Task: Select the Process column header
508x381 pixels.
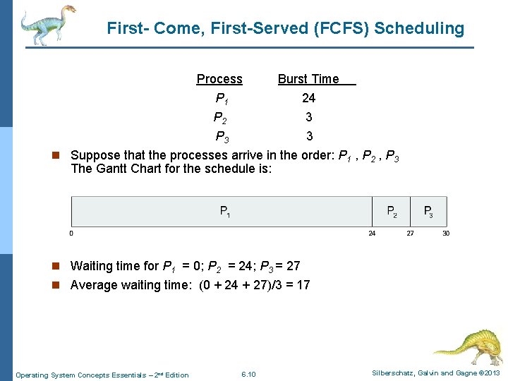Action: point(219,79)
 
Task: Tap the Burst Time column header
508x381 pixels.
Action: point(308,79)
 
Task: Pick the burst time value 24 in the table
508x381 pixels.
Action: point(309,98)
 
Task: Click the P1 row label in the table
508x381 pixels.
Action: point(221,99)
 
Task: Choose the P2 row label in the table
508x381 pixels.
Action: point(220,118)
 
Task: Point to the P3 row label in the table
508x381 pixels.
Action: point(221,137)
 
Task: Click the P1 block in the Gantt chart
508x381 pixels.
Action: point(224,211)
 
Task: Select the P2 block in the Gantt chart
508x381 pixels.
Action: point(392,211)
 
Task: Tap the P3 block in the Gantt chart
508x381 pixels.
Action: point(428,211)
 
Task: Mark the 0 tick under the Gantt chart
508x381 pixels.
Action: point(71,234)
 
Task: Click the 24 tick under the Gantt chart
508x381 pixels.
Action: point(372,234)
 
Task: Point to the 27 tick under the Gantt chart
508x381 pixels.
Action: point(410,234)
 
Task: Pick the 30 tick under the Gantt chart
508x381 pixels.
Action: point(445,234)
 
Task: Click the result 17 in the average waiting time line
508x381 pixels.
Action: point(303,285)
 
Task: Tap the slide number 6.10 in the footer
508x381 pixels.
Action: point(248,374)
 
